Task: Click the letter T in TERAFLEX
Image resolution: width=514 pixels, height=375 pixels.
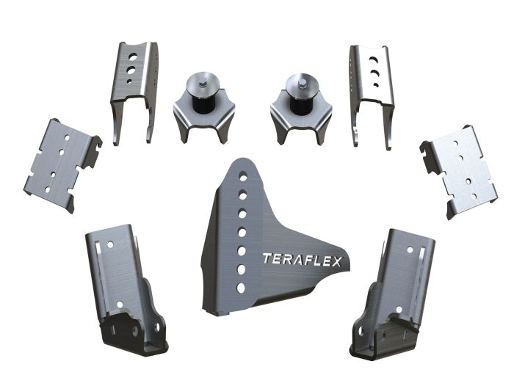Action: click(267, 258)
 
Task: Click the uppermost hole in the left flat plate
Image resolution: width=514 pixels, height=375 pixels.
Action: click(67, 137)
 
